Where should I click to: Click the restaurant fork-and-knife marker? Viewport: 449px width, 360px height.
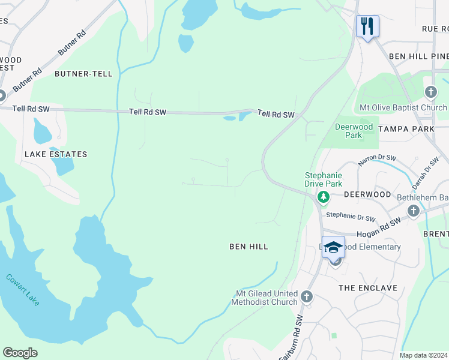tap(367, 26)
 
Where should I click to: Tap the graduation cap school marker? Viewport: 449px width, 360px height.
tap(333, 247)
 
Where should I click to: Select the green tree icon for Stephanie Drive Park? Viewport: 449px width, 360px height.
tap(324, 196)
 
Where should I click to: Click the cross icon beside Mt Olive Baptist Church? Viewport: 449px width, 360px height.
tap(430, 92)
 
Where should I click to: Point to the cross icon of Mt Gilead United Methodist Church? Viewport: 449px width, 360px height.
tap(307, 296)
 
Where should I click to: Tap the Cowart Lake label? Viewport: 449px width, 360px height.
tap(23, 290)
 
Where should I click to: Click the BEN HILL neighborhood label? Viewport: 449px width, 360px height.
tap(249, 247)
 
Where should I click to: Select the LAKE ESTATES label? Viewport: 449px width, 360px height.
tap(56, 154)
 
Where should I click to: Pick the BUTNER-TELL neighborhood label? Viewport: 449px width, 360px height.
tap(83, 74)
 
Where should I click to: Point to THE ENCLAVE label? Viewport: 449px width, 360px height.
tap(368, 288)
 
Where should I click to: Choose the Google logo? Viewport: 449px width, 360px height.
tap(20, 353)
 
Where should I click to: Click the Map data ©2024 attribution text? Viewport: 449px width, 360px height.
tap(423, 355)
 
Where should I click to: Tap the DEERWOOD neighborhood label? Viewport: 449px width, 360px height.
tap(367, 195)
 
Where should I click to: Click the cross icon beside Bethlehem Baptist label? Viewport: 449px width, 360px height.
tap(413, 211)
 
